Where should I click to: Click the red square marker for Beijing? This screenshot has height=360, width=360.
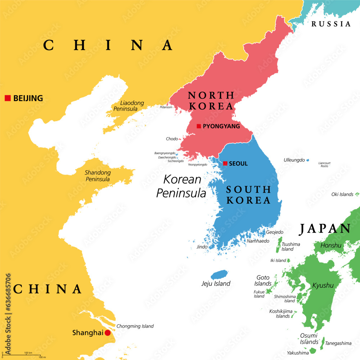pyautogui.click(x=8, y=98)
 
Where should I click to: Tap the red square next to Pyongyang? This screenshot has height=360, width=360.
pyautogui.click(x=199, y=126)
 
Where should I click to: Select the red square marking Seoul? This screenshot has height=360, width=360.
pyautogui.click(x=225, y=163)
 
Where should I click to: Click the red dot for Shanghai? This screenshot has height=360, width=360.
pyautogui.click(x=107, y=333)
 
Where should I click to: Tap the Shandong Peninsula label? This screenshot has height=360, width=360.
pyautogui.click(x=98, y=176)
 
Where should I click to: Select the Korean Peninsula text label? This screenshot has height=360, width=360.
pyautogui.click(x=181, y=186)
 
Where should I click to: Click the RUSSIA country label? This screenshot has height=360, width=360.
pyautogui.click(x=331, y=24)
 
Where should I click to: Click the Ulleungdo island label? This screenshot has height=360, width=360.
pyautogui.click(x=294, y=160)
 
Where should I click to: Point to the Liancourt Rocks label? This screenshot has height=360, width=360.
pyautogui.click(x=324, y=165)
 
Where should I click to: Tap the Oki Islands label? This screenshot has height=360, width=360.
pyautogui.click(x=342, y=194)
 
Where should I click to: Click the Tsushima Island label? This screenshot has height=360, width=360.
pyautogui.click(x=290, y=247)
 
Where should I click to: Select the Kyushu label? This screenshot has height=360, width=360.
pyautogui.click(x=323, y=285)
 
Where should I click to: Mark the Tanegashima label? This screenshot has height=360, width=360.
pyautogui.click(x=338, y=343)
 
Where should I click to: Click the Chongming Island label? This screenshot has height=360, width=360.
pyautogui.click(x=135, y=326)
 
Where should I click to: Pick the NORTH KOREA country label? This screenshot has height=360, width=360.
pyautogui.click(x=211, y=101)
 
